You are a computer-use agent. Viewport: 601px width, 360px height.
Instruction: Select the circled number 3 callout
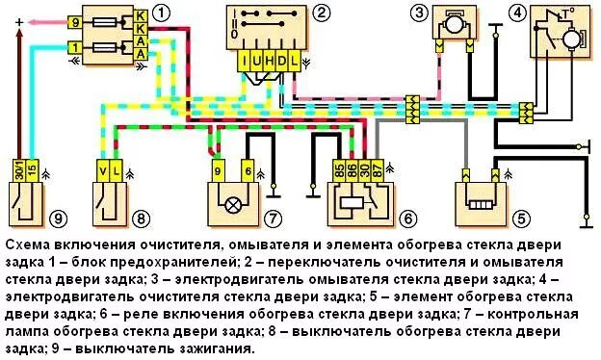tap(418, 13)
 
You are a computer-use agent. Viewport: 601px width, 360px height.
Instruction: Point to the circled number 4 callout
tap(518, 13)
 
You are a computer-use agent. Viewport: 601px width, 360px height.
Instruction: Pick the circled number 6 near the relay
tap(408, 219)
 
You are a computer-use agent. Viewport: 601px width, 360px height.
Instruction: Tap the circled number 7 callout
tap(274, 219)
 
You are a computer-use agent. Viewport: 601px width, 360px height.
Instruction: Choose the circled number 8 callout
tap(143, 219)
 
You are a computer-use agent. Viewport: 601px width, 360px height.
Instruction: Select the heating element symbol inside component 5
tap(482, 204)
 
